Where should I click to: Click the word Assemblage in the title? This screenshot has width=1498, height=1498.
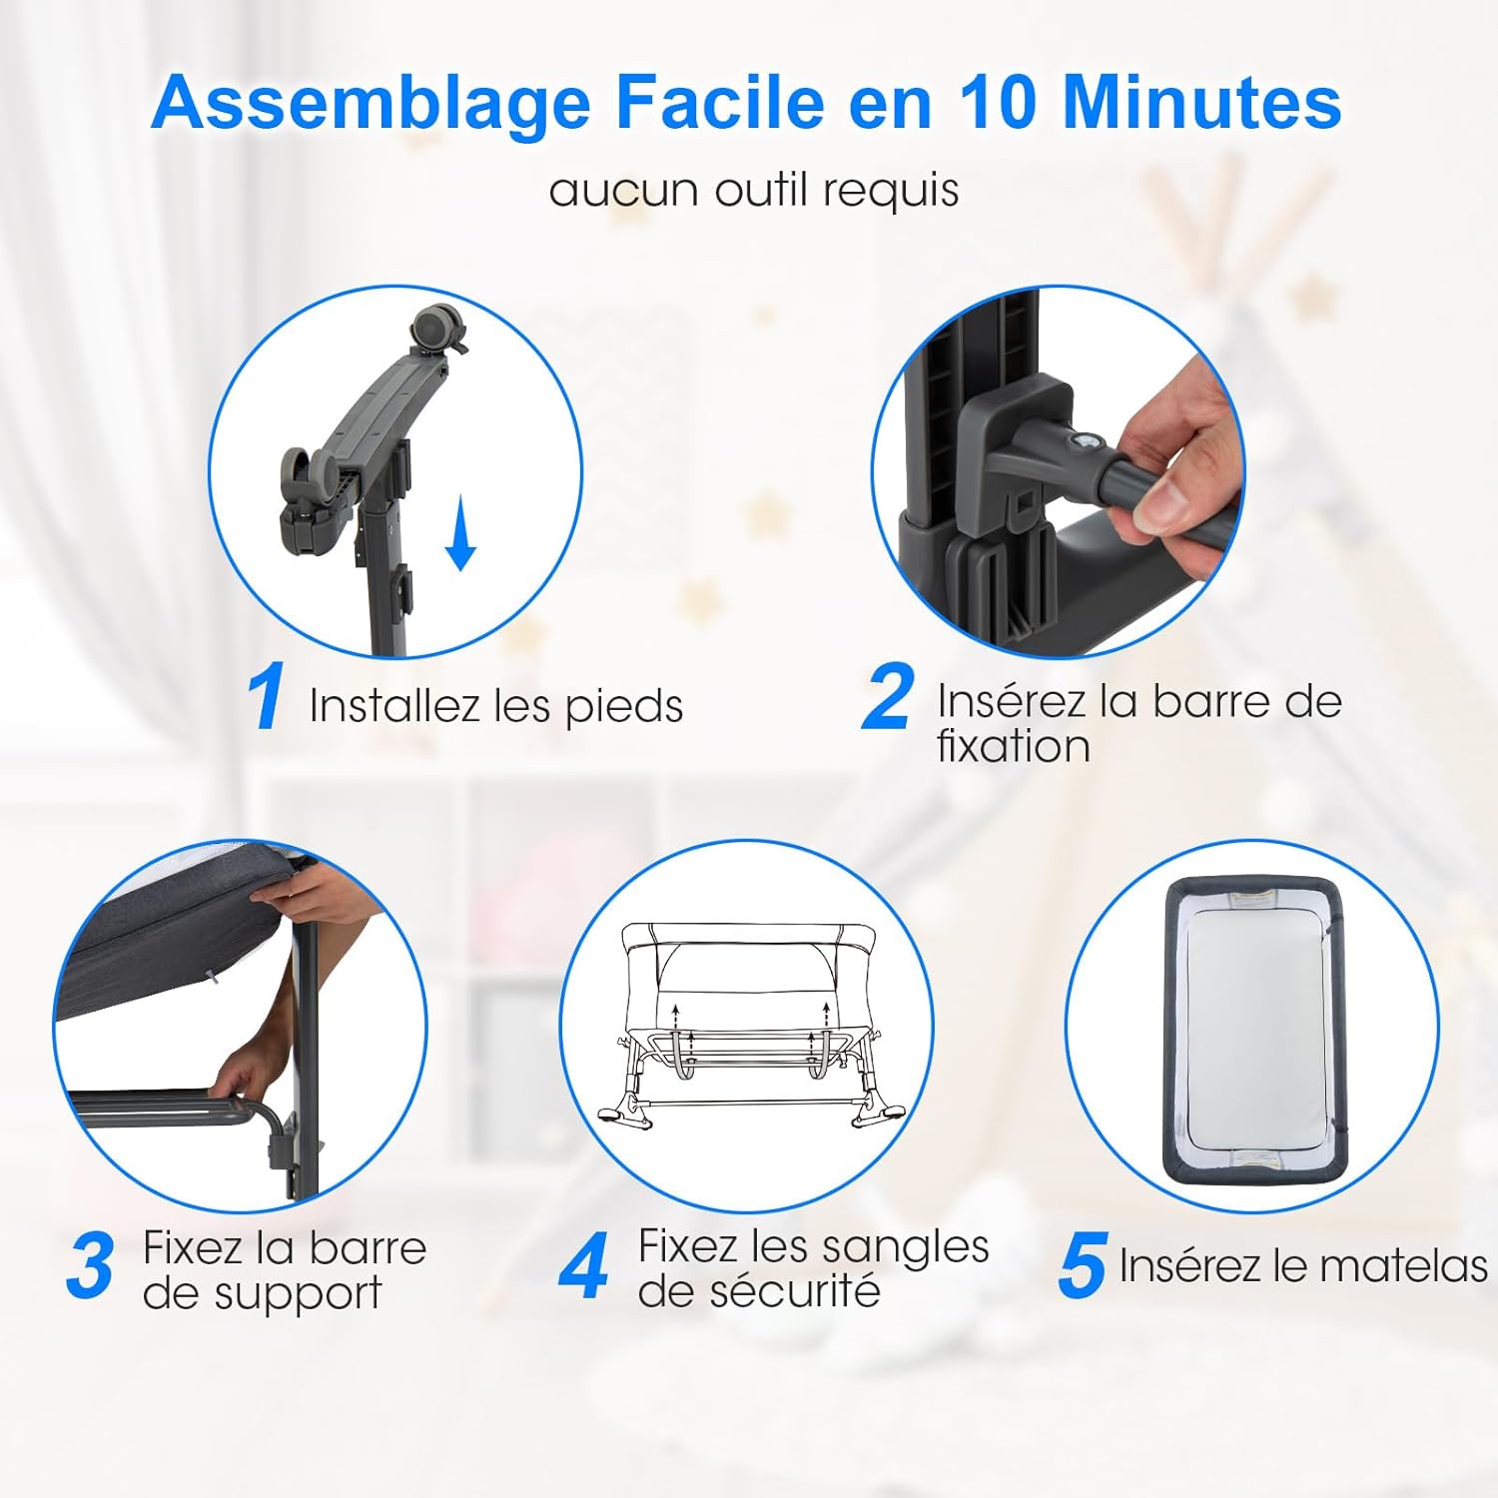pyautogui.click(x=372, y=104)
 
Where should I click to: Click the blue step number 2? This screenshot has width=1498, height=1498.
pyautogui.click(x=888, y=696)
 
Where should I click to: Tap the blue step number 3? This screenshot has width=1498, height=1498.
pyautogui.click(x=91, y=1266)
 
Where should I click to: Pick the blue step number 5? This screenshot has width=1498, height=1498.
pyautogui.click(x=1083, y=1265)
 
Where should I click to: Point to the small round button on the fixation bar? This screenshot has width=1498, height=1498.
pyautogui.click(x=1085, y=442)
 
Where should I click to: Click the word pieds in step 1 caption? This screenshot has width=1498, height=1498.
pyautogui.click(x=624, y=707)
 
